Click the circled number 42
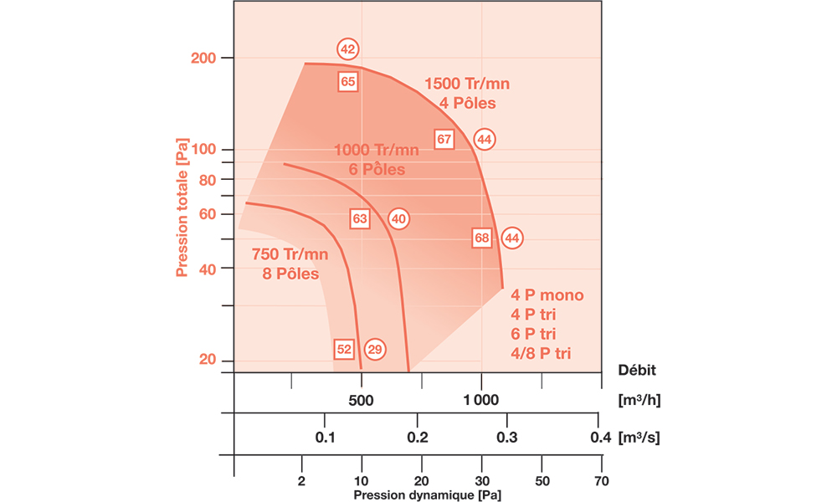point(348,49)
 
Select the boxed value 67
point(444,140)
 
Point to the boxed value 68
point(481,238)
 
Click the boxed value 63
point(360,218)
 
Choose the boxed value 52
point(344,349)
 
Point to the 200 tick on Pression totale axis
point(204,58)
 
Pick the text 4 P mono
point(547,295)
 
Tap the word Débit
point(637,369)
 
